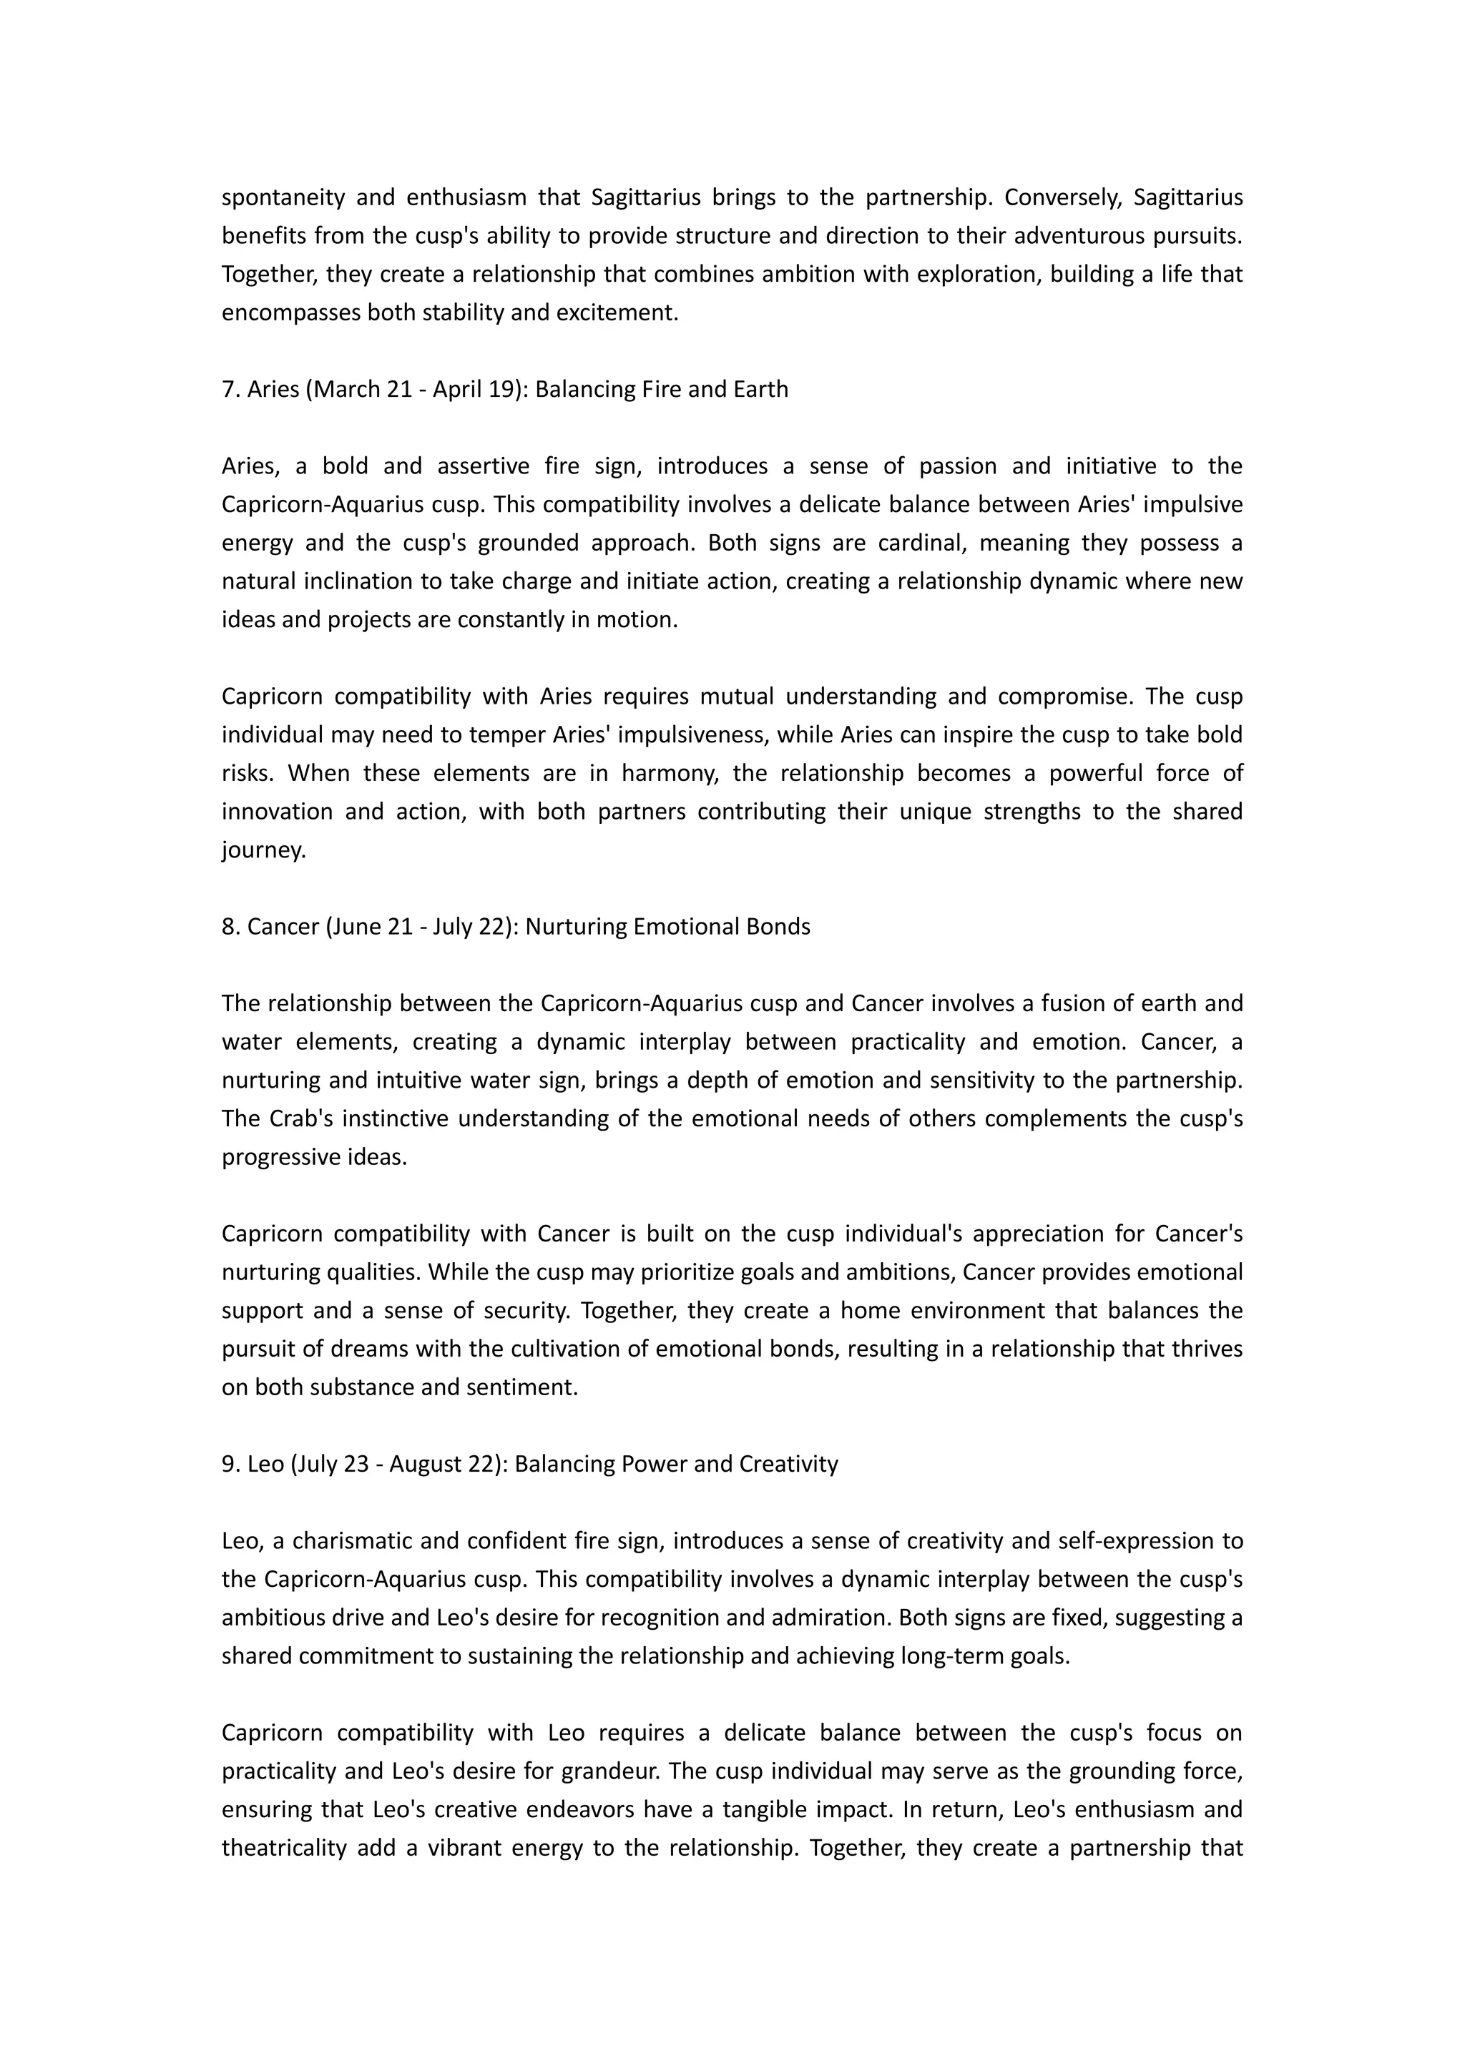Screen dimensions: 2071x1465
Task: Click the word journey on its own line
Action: coord(263,850)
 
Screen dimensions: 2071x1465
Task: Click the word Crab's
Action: coord(301,1118)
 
